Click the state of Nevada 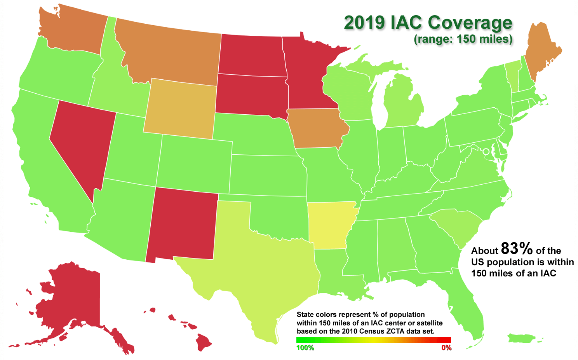tap(82, 140)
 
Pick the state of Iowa tap(317, 128)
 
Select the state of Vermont tap(512, 76)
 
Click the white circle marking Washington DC tap(486, 151)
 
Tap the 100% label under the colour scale tap(305, 348)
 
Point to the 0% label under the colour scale tap(446, 348)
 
